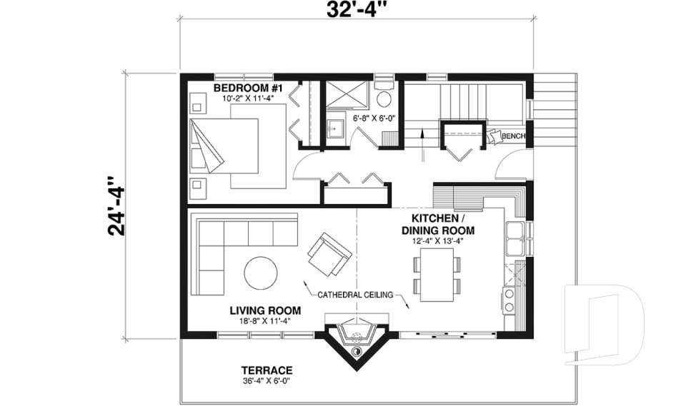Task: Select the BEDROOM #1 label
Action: coord(249,88)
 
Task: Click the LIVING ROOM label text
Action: coord(265,310)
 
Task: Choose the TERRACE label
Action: coord(266,370)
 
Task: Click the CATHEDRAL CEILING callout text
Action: coord(356,293)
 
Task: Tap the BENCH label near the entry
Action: coord(513,136)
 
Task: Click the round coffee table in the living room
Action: coord(262,273)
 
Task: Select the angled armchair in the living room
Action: coord(329,254)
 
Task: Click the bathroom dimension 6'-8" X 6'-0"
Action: coord(373,118)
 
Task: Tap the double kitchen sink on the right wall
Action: coord(516,238)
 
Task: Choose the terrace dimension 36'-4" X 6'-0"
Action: coord(266,381)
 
